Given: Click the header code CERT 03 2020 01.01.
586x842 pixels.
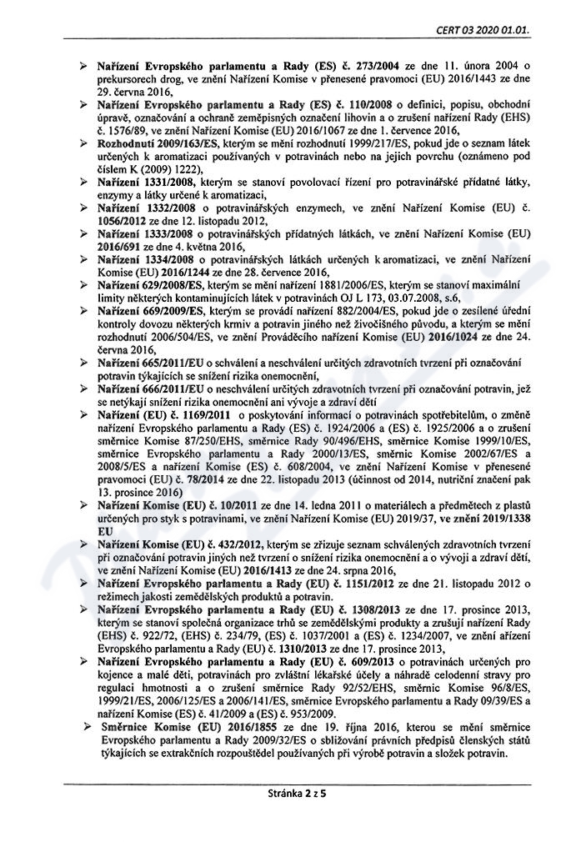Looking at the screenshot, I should [x=483, y=30].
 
